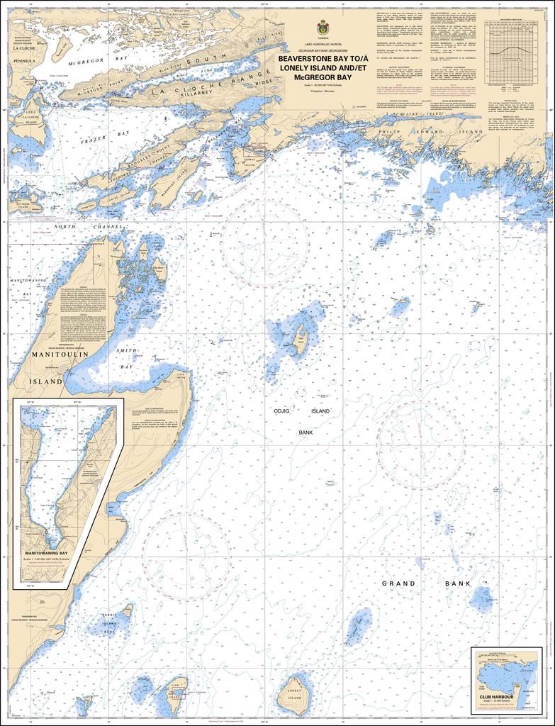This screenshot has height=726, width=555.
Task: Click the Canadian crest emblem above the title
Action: tap(323, 28)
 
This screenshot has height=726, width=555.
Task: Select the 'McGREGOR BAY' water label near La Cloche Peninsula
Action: tap(82, 62)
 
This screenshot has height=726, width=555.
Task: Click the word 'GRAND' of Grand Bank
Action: tap(398, 583)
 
